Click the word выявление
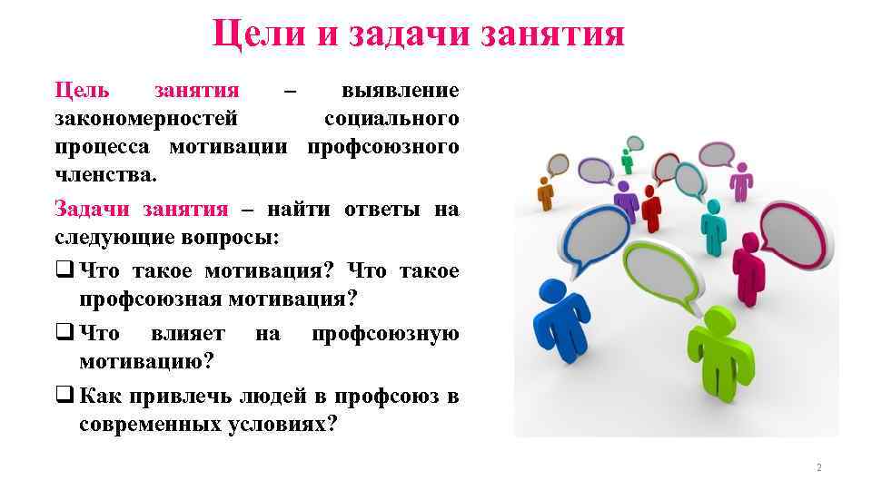tap(400, 91)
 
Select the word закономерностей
tap(146, 119)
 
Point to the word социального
tap(391, 119)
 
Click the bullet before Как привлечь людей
tap(63, 397)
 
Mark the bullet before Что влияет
tap(63, 334)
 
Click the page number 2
tap(818, 467)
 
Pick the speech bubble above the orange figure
tap(557, 164)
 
